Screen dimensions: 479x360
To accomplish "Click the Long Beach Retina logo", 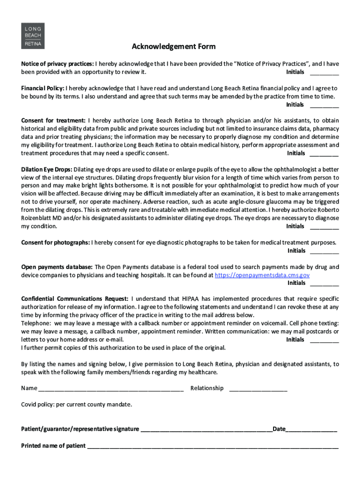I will (x=33, y=35).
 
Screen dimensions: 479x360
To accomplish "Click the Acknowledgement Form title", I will (x=173, y=46).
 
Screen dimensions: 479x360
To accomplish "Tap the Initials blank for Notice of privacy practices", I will (x=324, y=73).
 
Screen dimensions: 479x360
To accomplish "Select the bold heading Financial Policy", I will (x=43, y=88).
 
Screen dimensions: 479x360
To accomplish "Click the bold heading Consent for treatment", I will (x=53, y=121).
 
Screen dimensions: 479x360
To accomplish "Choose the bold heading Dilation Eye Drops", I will (x=46, y=169).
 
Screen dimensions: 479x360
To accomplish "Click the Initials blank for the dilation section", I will (x=324, y=227).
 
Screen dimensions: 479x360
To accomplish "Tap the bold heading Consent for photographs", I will (x=56, y=242).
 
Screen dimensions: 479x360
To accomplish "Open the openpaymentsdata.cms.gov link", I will (x=262, y=275).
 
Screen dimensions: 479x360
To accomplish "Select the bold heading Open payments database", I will (x=57, y=267).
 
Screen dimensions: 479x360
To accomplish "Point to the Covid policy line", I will (x=77, y=404).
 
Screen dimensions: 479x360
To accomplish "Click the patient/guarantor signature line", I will (x=206, y=430).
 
